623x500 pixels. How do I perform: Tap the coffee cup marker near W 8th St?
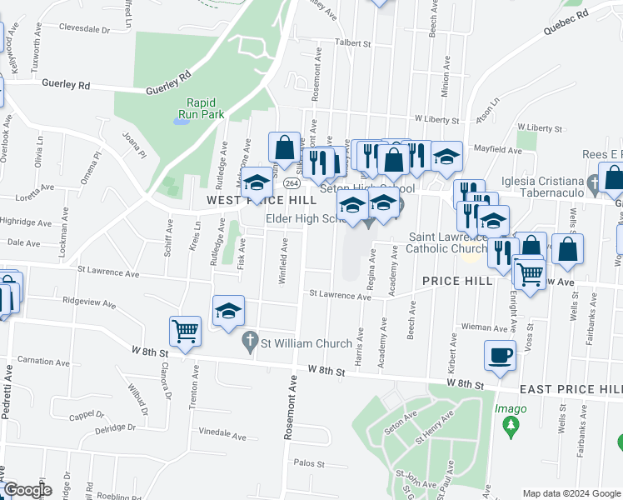[500, 356]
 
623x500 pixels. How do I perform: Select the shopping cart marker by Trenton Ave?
[185, 331]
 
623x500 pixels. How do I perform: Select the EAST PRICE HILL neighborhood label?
[571, 389]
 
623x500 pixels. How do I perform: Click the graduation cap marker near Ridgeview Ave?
[228, 311]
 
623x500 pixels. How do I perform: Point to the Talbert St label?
[352, 42]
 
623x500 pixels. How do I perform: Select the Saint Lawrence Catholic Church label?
[446, 242]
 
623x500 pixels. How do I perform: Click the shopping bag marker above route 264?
[284, 147]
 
